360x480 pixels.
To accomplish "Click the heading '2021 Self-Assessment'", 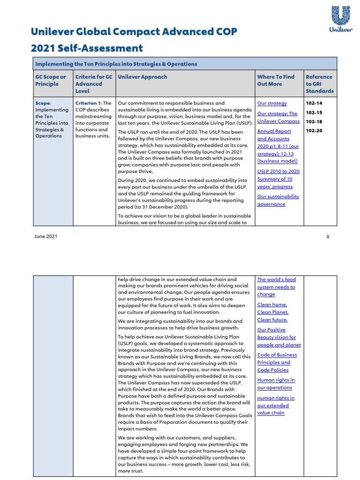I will pyautogui.click(x=87, y=48).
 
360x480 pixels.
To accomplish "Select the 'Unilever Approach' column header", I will pyautogui.click(x=142, y=77).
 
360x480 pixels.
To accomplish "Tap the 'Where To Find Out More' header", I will pyautogui.click(x=276, y=80).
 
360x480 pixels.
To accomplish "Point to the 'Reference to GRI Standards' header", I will pyautogui.click(x=319, y=84).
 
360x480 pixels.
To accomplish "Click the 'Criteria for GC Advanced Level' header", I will pyautogui.click(x=94, y=84).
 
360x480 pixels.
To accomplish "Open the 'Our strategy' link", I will pyautogui.click(x=272, y=103).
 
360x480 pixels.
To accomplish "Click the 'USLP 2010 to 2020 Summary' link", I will pyautogui.click(x=278, y=179).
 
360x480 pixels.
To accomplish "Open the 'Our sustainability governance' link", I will pyautogui.click(x=277, y=200).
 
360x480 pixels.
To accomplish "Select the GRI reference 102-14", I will pyautogui.click(x=314, y=103).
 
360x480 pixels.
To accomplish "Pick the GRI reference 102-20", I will pyautogui.click(x=314, y=131).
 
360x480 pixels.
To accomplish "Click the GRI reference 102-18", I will pyautogui.click(x=314, y=121).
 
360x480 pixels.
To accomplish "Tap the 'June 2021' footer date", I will pyautogui.click(x=45, y=237).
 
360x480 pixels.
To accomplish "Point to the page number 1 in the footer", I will pyautogui.click(x=328, y=237).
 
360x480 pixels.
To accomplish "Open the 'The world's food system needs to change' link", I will pyautogui.click(x=276, y=287).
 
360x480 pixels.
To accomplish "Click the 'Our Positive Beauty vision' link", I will pyautogui.click(x=278, y=337).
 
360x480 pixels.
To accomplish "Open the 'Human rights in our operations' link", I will pyautogui.click(x=276, y=384).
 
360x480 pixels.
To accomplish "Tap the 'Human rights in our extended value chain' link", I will pyautogui.click(x=276, y=405).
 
